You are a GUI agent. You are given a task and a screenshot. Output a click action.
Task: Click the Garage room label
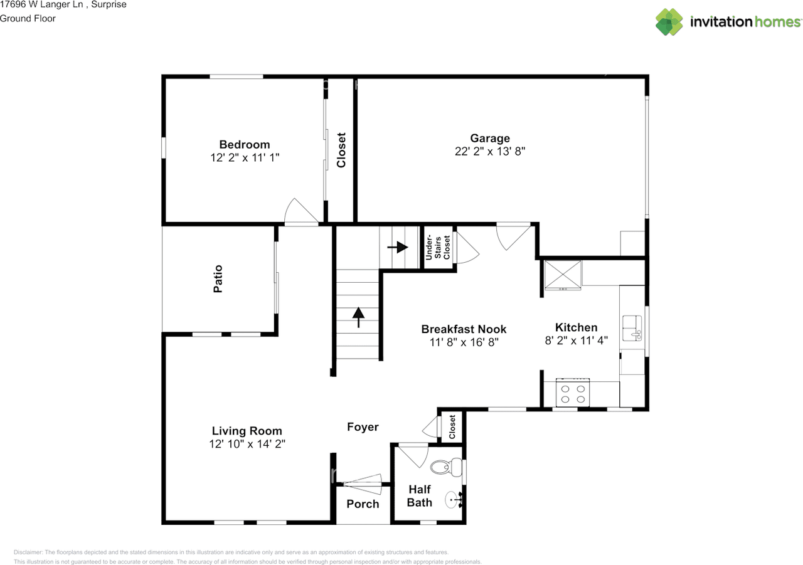[x=490, y=139]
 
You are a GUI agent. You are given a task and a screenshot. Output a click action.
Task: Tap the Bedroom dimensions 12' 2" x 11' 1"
[x=245, y=157]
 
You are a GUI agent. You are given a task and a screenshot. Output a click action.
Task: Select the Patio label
[x=218, y=279]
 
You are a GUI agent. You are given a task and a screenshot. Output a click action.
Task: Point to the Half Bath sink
[x=454, y=499]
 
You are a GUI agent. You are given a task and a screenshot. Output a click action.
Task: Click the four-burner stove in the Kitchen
[x=573, y=393]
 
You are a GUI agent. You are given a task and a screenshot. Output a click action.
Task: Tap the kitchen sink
[x=632, y=328]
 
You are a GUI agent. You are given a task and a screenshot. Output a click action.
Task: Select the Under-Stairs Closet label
[x=437, y=247]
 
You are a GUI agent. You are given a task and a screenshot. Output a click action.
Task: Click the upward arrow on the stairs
[x=358, y=317]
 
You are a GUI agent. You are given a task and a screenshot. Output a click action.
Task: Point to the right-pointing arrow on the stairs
[x=398, y=247]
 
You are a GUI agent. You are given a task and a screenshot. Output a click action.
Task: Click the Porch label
[x=363, y=504]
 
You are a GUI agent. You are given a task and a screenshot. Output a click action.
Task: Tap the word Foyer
[x=363, y=427]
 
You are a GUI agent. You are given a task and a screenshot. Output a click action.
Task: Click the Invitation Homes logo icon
[x=669, y=22]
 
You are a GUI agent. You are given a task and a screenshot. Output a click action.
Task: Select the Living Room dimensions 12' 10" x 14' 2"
[x=247, y=444]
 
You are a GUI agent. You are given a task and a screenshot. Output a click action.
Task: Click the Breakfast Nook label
[x=464, y=329]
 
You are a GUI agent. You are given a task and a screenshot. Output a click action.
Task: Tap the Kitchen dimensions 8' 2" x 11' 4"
[x=576, y=341]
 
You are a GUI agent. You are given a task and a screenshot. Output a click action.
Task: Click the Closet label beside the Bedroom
[x=341, y=150]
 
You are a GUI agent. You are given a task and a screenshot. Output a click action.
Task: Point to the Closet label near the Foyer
[x=452, y=427]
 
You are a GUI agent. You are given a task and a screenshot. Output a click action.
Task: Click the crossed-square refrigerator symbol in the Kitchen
[x=563, y=275]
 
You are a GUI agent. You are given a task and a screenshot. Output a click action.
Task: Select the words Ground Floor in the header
[x=28, y=19]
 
